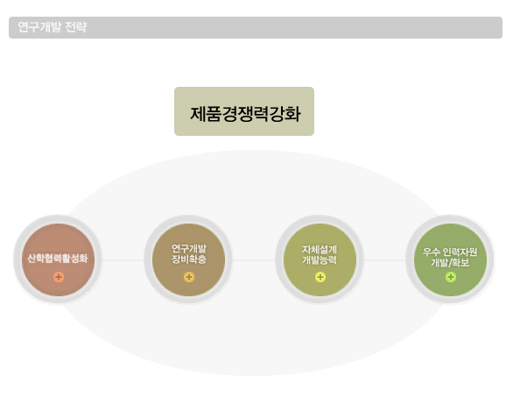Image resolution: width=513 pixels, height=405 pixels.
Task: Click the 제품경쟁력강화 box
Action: pyautogui.click(x=244, y=111)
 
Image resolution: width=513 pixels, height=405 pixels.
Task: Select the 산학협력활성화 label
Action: pyautogui.click(x=58, y=259)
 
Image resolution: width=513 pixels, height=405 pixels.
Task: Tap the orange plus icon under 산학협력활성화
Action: pyautogui.click(x=59, y=277)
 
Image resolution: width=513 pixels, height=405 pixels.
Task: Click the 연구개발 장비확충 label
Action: pyautogui.click(x=189, y=254)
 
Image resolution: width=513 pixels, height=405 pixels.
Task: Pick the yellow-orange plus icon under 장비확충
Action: pyautogui.click(x=189, y=277)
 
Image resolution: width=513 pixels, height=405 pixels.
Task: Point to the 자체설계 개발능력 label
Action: pyautogui.click(x=320, y=254)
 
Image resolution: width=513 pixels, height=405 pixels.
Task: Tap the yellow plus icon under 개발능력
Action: pyautogui.click(x=320, y=277)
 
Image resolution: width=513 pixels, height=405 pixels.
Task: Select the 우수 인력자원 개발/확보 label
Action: pyautogui.click(x=450, y=257)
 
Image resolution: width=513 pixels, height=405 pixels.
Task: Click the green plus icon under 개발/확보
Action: pyautogui.click(x=451, y=277)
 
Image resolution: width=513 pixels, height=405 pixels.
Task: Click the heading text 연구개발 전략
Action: pyautogui.click(x=53, y=27)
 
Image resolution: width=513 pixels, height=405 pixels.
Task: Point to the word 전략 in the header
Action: pyautogui.click(x=76, y=27)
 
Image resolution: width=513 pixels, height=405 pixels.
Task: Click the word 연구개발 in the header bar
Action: pyautogui.click(x=39, y=27)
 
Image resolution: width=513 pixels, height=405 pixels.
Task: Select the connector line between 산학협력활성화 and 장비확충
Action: pyautogui.click(x=123, y=260)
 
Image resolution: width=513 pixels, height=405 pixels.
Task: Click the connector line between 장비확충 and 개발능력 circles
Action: pyautogui.click(x=254, y=260)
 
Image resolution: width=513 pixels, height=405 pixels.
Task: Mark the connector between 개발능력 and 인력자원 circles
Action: pyautogui.click(x=384, y=260)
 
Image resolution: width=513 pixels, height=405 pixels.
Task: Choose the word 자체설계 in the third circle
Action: pyautogui.click(x=320, y=250)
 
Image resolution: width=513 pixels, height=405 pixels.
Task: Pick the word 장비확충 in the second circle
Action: pyautogui.click(x=189, y=259)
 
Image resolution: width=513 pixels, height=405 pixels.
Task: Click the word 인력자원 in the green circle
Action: pyautogui.click(x=460, y=252)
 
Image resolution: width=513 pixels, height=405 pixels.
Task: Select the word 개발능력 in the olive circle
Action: pyautogui.click(x=320, y=259)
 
